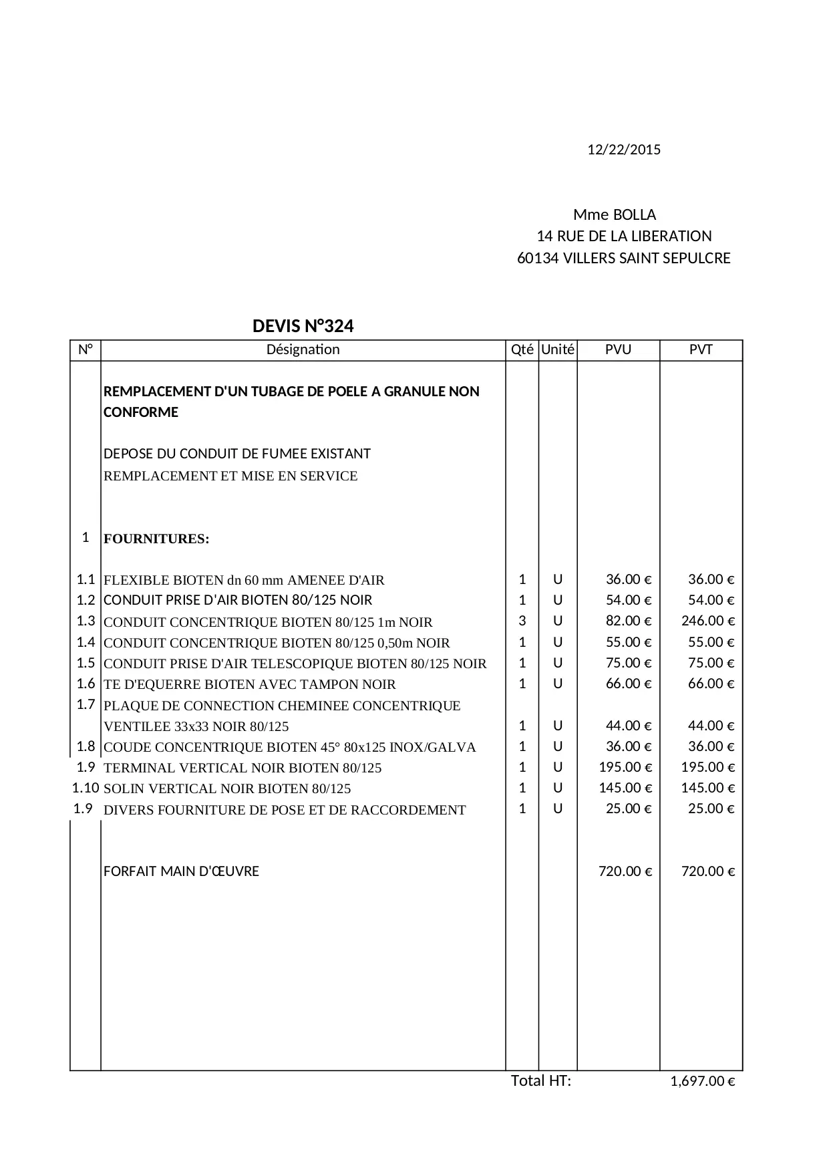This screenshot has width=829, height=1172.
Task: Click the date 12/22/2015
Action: pyautogui.click(x=623, y=150)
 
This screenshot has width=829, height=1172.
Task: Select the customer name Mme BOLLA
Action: pyautogui.click(x=615, y=214)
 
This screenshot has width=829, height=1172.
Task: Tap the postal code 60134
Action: pyautogui.click(x=537, y=258)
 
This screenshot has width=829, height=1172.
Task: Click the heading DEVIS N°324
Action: pyautogui.click(x=303, y=326)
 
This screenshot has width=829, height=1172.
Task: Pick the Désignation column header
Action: pyautogui.click(x=303, y=349)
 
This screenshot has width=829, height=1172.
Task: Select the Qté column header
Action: pyautogui.click(x=522, y=349)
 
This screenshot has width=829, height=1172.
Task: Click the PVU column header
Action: pyautogui.click(x=618, y=349)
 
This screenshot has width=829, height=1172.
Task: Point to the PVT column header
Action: pyautogui.click(x=701, y=349)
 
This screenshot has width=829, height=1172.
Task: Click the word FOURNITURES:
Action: pyautogui.click(x=156, y=539)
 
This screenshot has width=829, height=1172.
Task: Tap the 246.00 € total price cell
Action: pyautogui.click(x=707, y=621)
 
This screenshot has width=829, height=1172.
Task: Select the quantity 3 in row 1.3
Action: pyautogui.click(x=522, y=621)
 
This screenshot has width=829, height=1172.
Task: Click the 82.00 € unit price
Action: pyautogui.click(x=628, y=621)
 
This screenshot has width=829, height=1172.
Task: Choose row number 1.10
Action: pyautogui.click(x=86, y=788)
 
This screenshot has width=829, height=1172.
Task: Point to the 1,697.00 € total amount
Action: pyautogui.click(x=702, y=1081)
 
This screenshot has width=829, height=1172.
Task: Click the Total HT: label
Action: pyautogui.click(x=541, y=1080)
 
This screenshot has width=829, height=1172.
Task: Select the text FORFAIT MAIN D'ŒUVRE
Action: pyautogui.click(x=181, y=871)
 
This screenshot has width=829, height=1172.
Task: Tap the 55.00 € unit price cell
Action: pyautogui.click(x=628, y=642)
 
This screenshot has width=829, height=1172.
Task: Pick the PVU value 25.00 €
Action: pyautogui.click(x=628, y=809)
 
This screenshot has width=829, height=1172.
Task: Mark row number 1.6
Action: pyautogui.click(x=86, y=684)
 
